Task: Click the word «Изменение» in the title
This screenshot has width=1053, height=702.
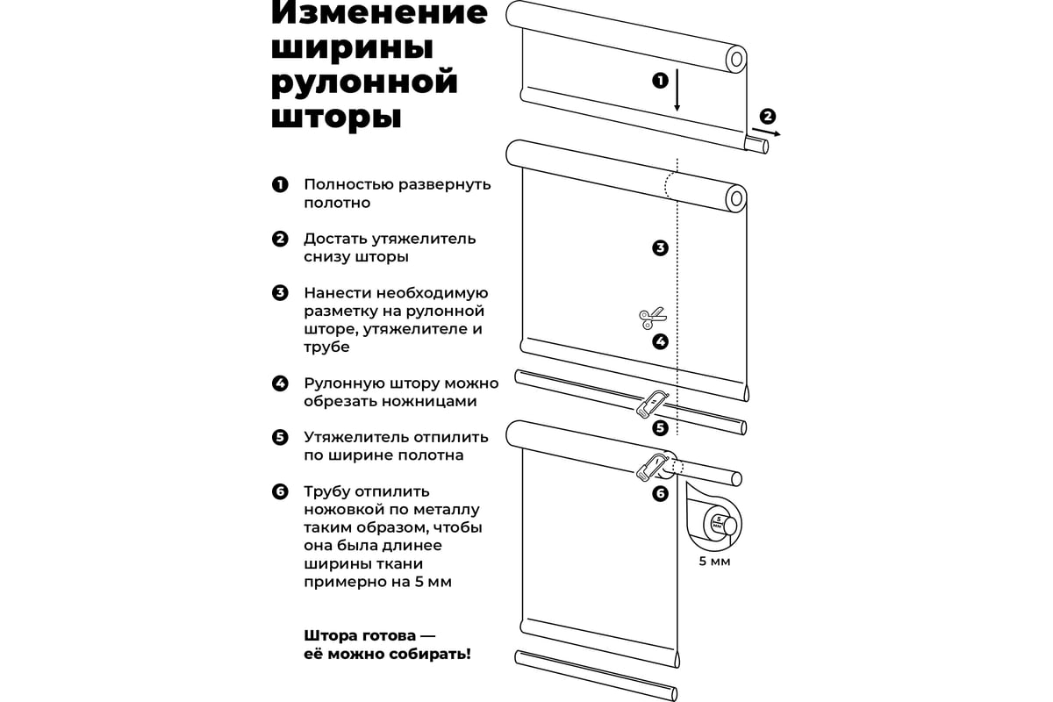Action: click(x=379, y=13)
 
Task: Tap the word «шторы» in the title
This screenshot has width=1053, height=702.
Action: click(x=336, y=116)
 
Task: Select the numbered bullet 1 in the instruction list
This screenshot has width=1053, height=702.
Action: click(x=280, y=184)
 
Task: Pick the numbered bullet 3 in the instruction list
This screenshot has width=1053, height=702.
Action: click(x=280, y=293)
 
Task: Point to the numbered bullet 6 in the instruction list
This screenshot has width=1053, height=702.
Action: click(x=280, y=491)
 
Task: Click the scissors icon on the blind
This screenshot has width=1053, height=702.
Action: click(x=652, y=319)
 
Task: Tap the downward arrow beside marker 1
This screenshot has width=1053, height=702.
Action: click(x=677, y=90)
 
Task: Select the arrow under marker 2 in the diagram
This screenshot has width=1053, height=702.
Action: click(x=766, y=132)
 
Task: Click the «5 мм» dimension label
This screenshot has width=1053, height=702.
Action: click(x=714, y=561)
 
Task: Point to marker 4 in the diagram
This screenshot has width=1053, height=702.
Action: click(x=660, y=341)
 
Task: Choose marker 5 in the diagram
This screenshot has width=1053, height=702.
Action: click(x=660, y=428)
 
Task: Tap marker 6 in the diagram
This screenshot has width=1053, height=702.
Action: click(x=660, y=494)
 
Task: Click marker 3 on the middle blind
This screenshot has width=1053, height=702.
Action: click(x=660, y=247)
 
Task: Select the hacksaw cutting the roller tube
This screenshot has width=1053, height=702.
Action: click(x=653, y=468)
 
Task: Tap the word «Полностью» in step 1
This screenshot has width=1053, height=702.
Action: click(x=348, y=185)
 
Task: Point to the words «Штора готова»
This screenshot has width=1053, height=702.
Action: click(x=360, y=635)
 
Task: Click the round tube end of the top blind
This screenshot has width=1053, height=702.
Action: click(x=736, y=60)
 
